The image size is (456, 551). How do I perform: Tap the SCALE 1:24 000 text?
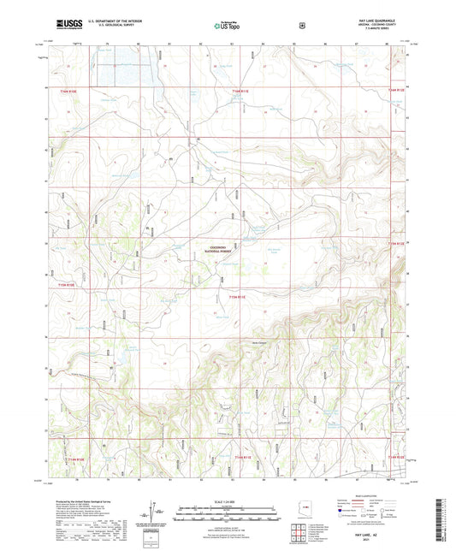227,501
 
